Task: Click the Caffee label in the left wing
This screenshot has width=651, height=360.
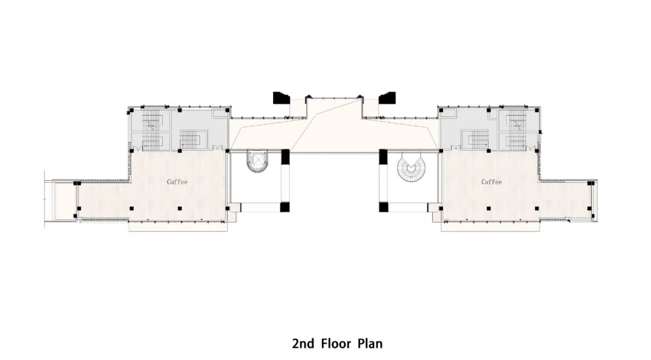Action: pyautogui.click(x=177, y=182)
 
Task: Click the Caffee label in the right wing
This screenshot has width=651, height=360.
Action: pyautogui.click(x=492, y=182)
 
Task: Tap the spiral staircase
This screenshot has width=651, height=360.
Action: pyautogui.click(x=410, y=167)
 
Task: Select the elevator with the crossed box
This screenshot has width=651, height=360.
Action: pyautogui.click(x=258, y=160)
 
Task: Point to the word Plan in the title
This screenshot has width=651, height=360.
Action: pyautogui.click(x=370, y=344)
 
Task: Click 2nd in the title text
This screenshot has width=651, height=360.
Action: pyautogui.click(x=303, y=344)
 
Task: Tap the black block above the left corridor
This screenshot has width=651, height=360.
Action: pyautogui.click(x=281, y=98)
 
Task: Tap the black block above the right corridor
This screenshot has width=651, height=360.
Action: pyautogui.click(x=387, y=98)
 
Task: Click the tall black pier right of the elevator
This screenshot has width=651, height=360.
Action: pyautogui.click(x=285, y=157)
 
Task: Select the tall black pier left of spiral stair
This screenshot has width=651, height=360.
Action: pyautogui.click(x=383, y=157)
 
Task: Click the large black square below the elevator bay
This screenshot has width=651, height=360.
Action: pyautogui.click(x=285, y=207)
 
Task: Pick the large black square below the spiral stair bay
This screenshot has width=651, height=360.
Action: pyautogui.click(x=383, y=207)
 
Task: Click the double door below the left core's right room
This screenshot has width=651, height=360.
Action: pyautogui.click(x=217, y=147)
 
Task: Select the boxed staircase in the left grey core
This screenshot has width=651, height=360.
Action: pyautogui.click(x=193, y=139)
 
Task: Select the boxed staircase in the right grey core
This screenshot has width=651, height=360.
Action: pyautogui.click(x=476, y=139)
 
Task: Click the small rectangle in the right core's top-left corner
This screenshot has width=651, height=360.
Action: pyautogui.click(x=450, y=113)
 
